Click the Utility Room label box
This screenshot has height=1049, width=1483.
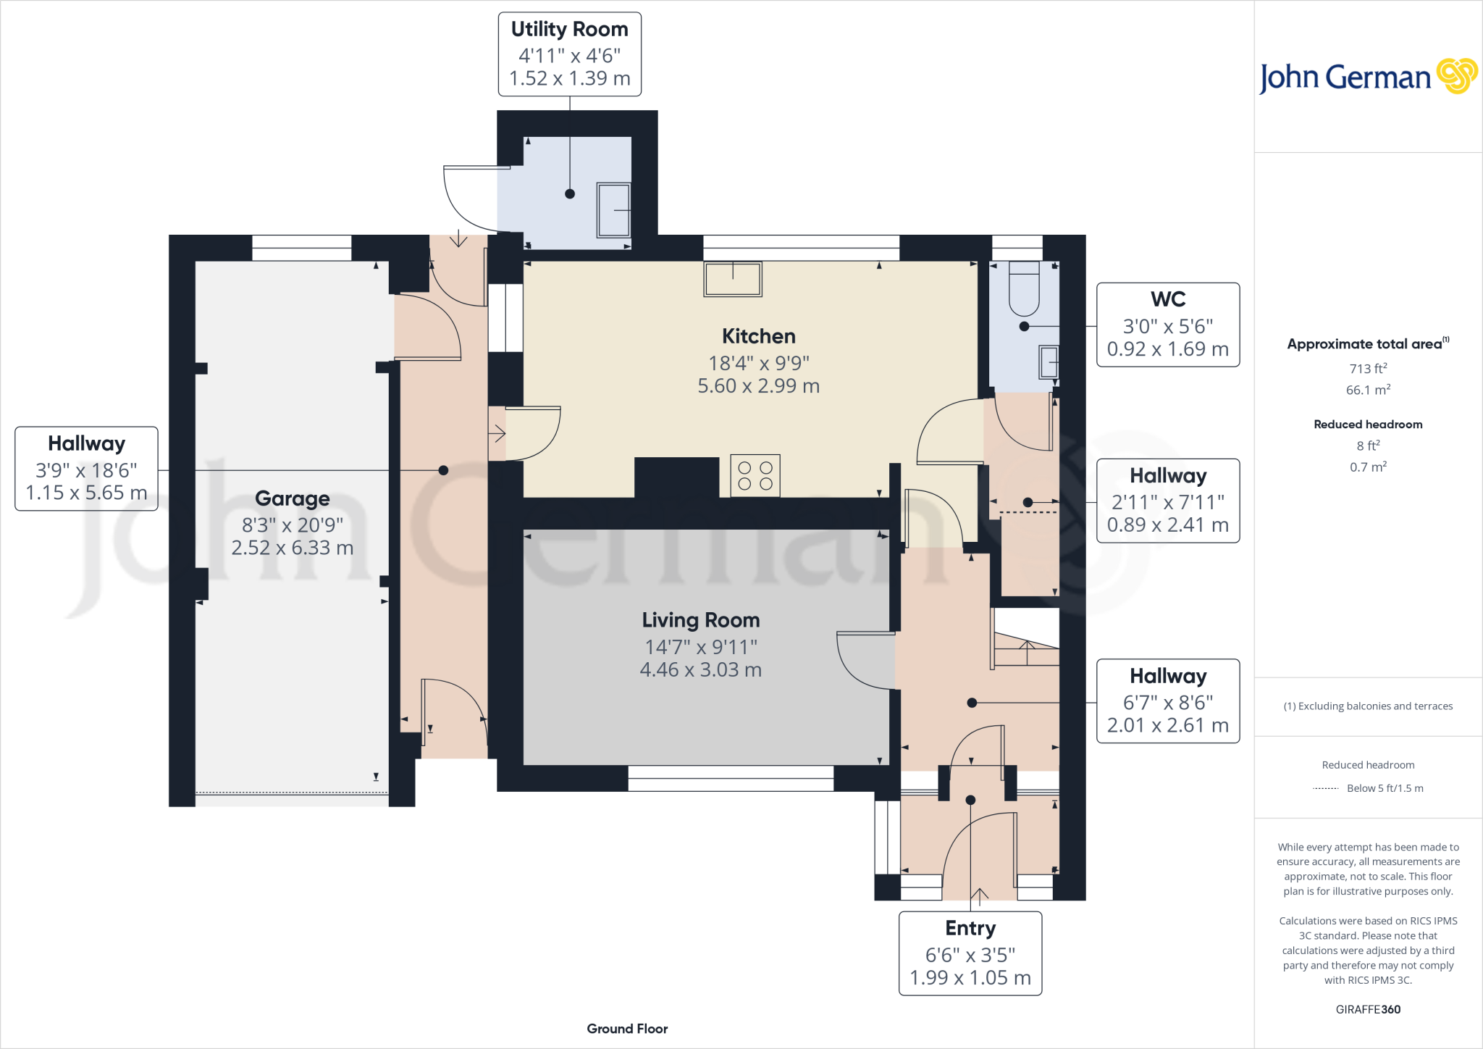point(570,54)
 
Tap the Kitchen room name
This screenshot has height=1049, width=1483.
point(758,336)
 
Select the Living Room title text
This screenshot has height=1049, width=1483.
point(700,620)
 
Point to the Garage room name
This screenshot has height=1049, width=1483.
point(292,498)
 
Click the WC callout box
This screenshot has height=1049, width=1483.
point(1167,325)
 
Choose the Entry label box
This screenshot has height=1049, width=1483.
point(970,953)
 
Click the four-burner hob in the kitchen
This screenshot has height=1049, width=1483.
point(755,475)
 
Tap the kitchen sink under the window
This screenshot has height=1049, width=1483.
point(733,279)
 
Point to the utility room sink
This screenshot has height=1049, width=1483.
point(613,209)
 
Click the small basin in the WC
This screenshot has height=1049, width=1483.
point(1049,361)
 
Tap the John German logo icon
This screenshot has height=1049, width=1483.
point(1456,76)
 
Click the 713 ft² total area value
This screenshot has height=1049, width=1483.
point(1368,369)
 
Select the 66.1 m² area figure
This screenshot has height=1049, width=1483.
point(1368,390)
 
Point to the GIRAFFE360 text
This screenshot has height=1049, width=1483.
point(1368,1009)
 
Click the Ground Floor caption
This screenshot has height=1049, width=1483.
point(627,1029)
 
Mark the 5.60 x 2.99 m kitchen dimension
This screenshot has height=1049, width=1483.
point(758,386)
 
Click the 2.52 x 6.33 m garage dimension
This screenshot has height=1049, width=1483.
point(292,548)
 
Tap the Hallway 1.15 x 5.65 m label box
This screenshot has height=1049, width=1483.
point(86,469)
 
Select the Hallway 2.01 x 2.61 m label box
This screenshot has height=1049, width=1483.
point(1167,701)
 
